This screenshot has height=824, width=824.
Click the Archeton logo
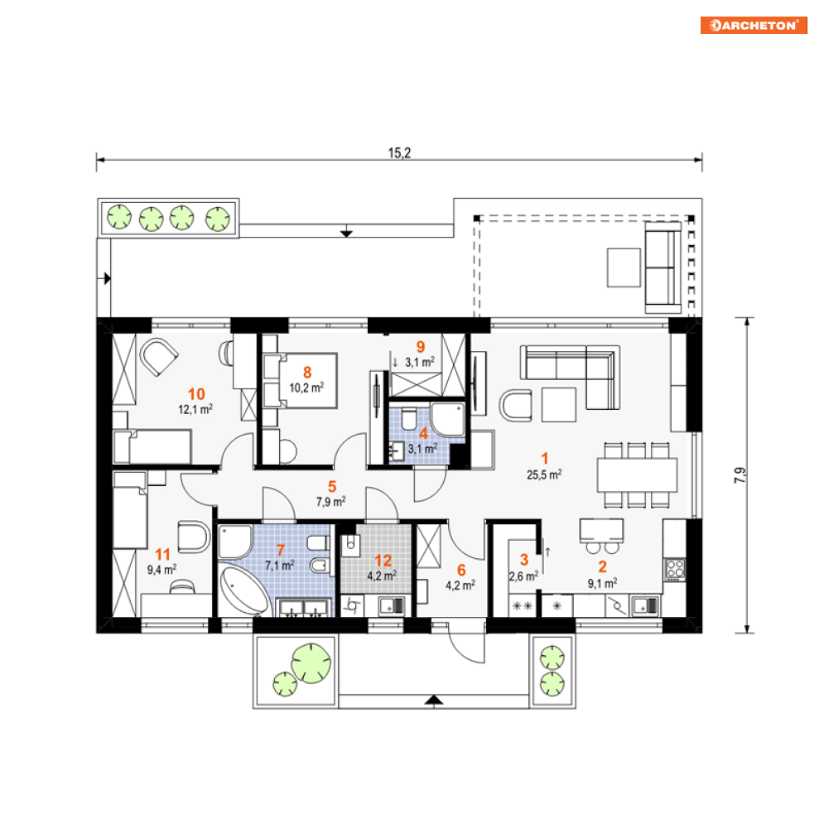pyautogui.click(x=754, y=25)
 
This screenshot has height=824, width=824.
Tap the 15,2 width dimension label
pyautogui.click(x=399, y=153)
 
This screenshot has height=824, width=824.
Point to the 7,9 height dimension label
pyautogui.click(x=740, y=475)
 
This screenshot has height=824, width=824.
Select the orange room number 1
pyautogui.click(x=544, y=459)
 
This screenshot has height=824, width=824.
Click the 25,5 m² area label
pyautogui.click(x=544, y=475)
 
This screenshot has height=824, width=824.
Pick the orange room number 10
pyautogui.click(x=196, y=394)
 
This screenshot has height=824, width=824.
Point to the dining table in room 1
pyautogui.click(x=637, y=475)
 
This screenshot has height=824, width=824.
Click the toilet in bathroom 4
pyautogui.click(x=409, y=419)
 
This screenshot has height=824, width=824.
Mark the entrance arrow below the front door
pyautogui.click(x=434, y=700)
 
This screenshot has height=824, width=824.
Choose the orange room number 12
pyautogui.click(x=383, y=561)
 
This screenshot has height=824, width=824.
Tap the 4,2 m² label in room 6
pyautogui.click(x=460, y=585)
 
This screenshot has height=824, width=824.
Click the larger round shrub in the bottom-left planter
pyautogui.click(x=311, y=663)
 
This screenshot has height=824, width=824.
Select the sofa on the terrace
pyautogui.click(x=663, y=267)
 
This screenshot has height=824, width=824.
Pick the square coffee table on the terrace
pyautogui.click(x=624, y=268)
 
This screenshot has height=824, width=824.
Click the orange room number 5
pyautogui.click(x=332, y=487)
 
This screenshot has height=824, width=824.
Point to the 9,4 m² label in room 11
pyautogui.click(x=161, y=569)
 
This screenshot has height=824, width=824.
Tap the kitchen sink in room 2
pyautogui.click(x=646, y=605)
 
